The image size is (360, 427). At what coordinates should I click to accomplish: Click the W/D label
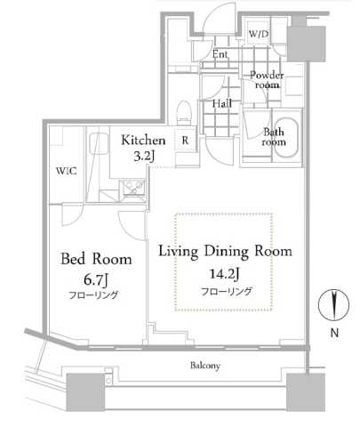tap(259, 35)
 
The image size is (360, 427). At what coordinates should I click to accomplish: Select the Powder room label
tap(266, 80)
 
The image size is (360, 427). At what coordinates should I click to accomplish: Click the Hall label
tap(221, 104)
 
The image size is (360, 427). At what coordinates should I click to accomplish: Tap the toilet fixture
tap(185, 112)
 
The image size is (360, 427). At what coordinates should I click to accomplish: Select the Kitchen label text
tap(142, 141)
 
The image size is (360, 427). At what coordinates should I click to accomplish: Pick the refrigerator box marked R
tap(186, 140)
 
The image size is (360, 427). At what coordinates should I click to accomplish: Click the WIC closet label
tap(66, 171)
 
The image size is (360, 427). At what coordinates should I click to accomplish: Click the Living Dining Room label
tap(225, 252)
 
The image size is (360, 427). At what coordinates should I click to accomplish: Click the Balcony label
tap(205, 366)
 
